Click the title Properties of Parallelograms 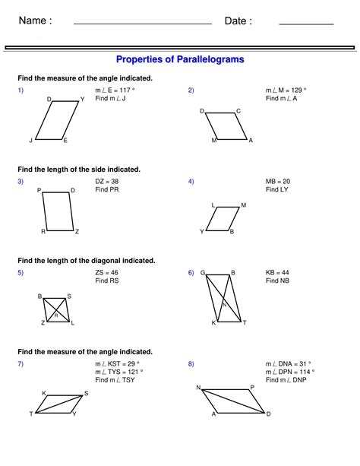tap(180, 59)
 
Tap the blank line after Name tap(142, 24)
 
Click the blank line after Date tap(306, 24)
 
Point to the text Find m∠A tap(282, 98)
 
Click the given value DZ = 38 tap(107, 181)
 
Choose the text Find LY tap(276, 189)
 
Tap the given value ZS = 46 tap(107, 271)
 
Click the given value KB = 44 tap(278, 271)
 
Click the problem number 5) tap(21, 271)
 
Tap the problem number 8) tap(191, 363)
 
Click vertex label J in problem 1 tap(31, 141)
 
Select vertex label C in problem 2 tap(238, 111)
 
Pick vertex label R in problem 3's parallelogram tap(43, 231)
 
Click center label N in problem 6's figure tap(224, 305)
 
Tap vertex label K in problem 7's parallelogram tap(43, 393)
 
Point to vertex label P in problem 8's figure tap(252, 387)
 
